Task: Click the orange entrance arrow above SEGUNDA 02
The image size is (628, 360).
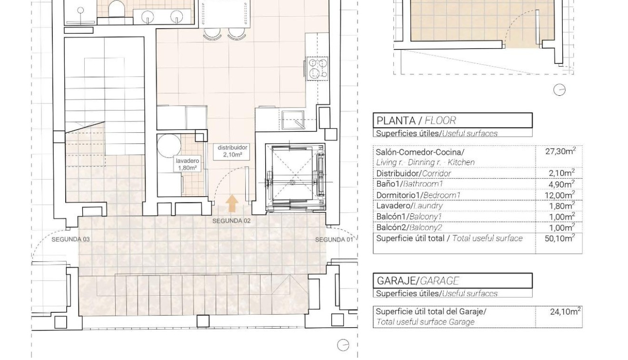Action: click(x=232, y=203)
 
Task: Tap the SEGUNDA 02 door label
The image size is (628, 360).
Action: click(x=231, y=221)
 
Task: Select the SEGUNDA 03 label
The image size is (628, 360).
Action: click(x=70, y=239)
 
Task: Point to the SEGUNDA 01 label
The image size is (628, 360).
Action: click(x=334, y=240)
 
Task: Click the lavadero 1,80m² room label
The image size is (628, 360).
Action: click(x=187, y=164)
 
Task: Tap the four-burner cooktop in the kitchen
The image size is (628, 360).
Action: click(x=317, y=68)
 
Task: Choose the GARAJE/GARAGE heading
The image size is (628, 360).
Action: click(x=418, y=281)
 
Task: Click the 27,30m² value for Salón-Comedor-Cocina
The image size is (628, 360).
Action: click(x=560, y=151)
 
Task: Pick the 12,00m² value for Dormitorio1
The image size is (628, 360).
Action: click(x=560, y=195)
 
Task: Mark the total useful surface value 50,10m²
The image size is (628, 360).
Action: click(x=560, y=239)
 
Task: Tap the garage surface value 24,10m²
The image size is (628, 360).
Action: click(x=565, y=312)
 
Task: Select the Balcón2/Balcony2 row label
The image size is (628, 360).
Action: click(x=412, y=228)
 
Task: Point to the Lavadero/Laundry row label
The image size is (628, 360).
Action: click(x=409, y=206)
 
